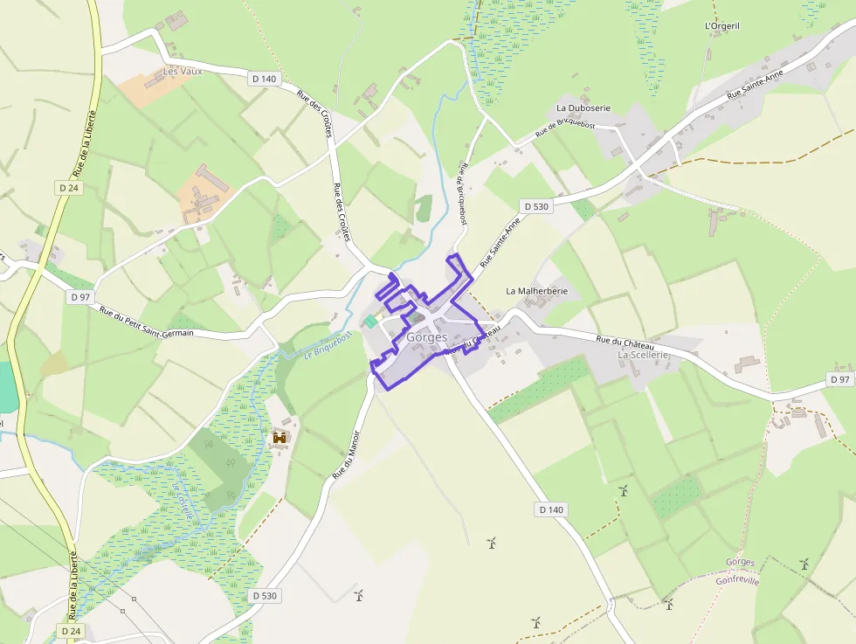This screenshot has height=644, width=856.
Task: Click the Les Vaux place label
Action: pyautogui.click(x=183, y=71)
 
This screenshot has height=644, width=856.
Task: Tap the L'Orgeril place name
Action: pyautogui.click(x=721, y=26)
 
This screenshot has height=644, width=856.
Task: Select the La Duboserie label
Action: pyautogui.click(x=583, y=107)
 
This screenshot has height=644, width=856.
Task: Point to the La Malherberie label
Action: pyautogui.click(x=537, y=290)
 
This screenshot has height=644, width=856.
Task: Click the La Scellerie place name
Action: pyautogui.click(x=643, y=355)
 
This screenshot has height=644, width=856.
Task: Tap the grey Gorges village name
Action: pyautogui.click(x=426, y=337)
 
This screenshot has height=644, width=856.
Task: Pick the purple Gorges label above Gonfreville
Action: pyautogui.click(x=740, y=562)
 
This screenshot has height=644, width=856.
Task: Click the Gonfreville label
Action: pyautogui.click(x=737, y=580)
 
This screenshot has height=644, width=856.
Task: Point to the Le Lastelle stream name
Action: pyautogui.click(x=182, y=502)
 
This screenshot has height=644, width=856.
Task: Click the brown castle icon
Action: pyautogui.click(x=280, y=437)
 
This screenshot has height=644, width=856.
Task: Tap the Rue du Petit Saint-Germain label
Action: pyautogui.click(x=146, y=322)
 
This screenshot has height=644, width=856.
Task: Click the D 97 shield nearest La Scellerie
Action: pyautogui.click(x=839, y=379)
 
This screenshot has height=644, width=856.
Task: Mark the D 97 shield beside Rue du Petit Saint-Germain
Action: pyautogui.click(x=79, y=297)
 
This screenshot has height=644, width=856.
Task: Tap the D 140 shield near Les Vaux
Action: pyautogui.click(x=264, y=79)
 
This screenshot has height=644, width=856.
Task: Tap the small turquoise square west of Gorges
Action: pyautogui.click(x=370, y=322)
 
